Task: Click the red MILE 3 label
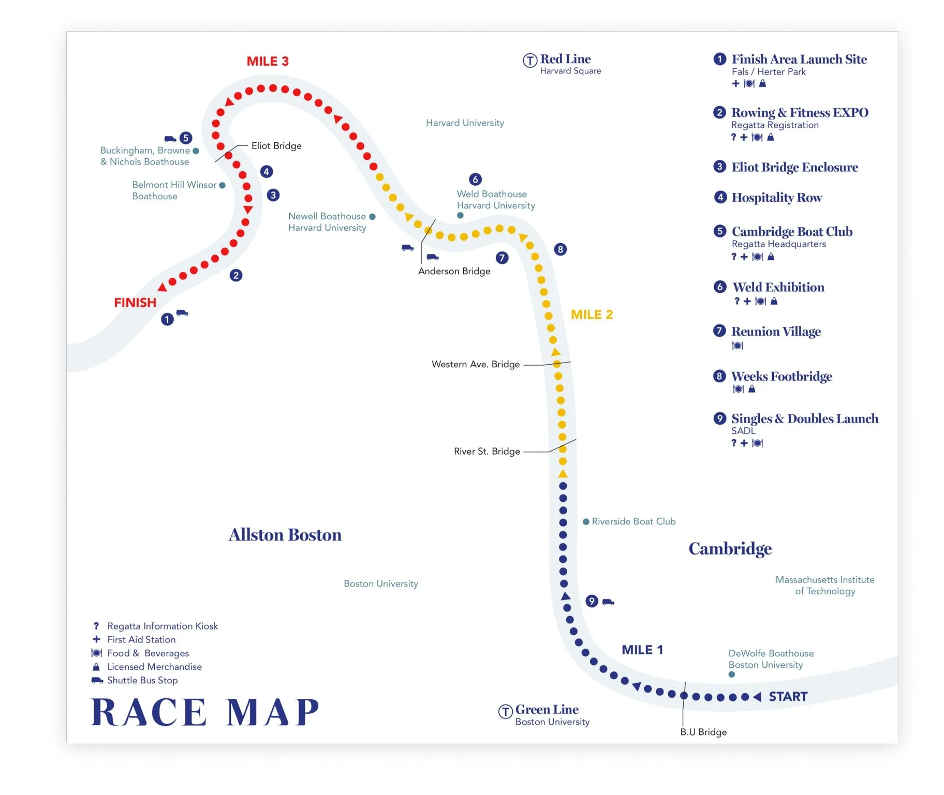click(268, 61)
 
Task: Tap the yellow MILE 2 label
click(592, 314)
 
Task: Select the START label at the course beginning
click(788, 697)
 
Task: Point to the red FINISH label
click(135, 303)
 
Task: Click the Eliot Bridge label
click(276, 146)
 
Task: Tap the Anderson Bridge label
click(454, 271)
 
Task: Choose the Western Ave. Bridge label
click(476, 364)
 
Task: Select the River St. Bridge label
click(487, 451)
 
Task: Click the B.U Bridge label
click(703, 732)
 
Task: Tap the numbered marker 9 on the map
click(592, 601)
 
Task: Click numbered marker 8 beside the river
click(560, 249)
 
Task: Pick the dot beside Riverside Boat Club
click(586, 521)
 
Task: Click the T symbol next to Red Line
click(530, 61)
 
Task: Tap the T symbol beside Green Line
click(505, 711)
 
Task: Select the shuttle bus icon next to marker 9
click(608, 602)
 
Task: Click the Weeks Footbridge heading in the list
click(781, 376)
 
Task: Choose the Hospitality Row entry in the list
click(776, 197)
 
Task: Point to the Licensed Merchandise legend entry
click(154, 667)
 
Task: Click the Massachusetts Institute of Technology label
click(824, 586)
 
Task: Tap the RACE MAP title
click(205, 712)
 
